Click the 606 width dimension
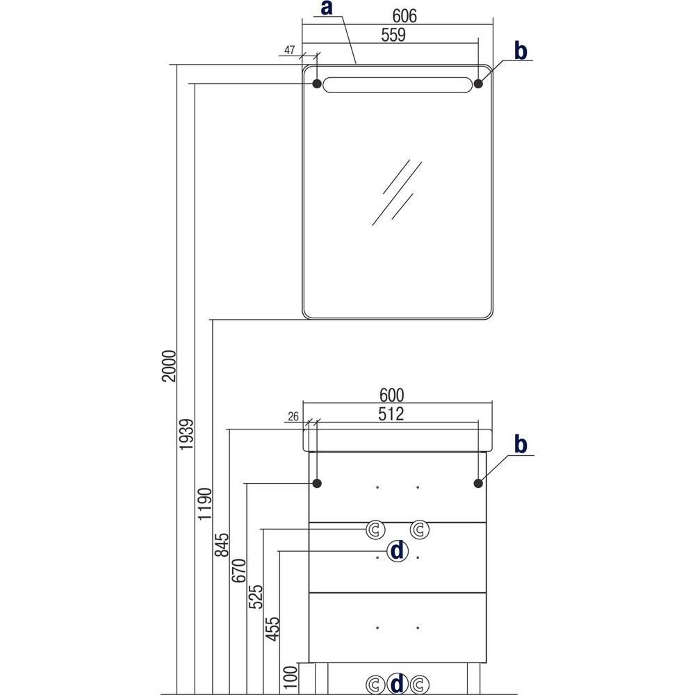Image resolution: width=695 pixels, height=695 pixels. (404, 16)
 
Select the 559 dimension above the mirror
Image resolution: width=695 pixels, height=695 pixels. (393, 35)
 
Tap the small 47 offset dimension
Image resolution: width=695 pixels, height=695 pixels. (289, 50)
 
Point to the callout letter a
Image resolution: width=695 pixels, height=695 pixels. (327, 8)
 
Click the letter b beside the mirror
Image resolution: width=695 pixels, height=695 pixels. (521, 51)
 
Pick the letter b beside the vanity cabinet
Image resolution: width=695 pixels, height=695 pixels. (521, 444)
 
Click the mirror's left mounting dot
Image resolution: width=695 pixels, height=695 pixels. (317, 83)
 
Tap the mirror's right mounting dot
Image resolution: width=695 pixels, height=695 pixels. (478, 83)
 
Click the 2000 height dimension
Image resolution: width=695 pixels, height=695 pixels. (170, 366)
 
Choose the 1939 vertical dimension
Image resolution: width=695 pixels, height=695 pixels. (186, 434)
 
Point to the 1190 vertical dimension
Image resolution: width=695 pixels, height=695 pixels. (205, 504)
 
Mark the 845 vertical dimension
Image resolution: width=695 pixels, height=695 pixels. (222, 545)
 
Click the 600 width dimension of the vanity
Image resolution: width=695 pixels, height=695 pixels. (392, 395)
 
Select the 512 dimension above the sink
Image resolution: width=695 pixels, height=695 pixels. (391, 414)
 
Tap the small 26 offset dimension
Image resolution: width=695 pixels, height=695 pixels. (293, 416)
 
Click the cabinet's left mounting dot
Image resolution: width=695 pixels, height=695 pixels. (317, 483)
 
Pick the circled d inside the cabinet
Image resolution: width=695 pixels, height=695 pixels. (398, 551)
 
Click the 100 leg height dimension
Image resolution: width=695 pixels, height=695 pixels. (291, 677)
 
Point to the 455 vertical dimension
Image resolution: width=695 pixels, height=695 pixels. (272, 628)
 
